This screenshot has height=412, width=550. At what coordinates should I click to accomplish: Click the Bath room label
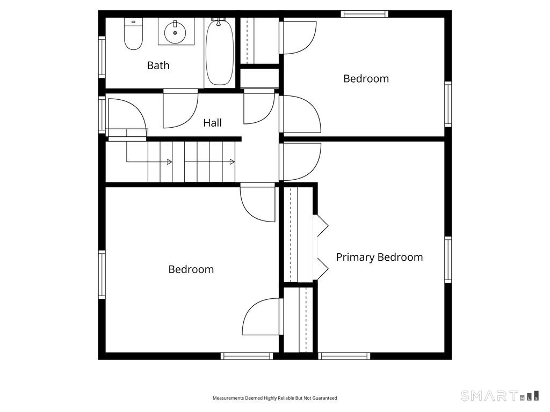(x=158, y=65)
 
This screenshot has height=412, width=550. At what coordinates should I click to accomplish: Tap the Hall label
(x=212, y=123)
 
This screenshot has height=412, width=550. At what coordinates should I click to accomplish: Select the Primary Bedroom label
(x=379, y=257)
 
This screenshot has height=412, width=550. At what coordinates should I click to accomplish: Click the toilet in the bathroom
(x=133, y=34)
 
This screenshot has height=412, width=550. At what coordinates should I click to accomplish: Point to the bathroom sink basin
(x=175, y=32)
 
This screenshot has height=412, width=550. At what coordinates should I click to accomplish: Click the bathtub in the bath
(x=219, y=53)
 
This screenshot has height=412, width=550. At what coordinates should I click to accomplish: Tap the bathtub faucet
(x=218, y=21)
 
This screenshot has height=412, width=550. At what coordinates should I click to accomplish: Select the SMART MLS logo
(x=500, y=395)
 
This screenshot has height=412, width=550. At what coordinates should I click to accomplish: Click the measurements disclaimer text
(x=274, y=398)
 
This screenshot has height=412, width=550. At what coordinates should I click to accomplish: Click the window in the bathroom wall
(x=102, y=57)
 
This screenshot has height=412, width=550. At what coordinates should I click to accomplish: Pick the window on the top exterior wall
(x=365, y=14)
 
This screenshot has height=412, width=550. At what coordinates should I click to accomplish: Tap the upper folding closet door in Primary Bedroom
(x=323, y=226)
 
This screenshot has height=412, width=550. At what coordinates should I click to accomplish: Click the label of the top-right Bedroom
(x=366, y=78)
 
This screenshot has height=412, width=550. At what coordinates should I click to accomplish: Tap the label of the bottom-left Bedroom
(x=191, y=269)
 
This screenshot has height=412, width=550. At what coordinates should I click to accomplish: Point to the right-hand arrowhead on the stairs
(x=232, y=162)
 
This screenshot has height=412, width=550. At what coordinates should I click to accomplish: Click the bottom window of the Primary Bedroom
(x=344, y=356)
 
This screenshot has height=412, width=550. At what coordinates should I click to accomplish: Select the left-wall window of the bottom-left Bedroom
(x=102, y=274)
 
